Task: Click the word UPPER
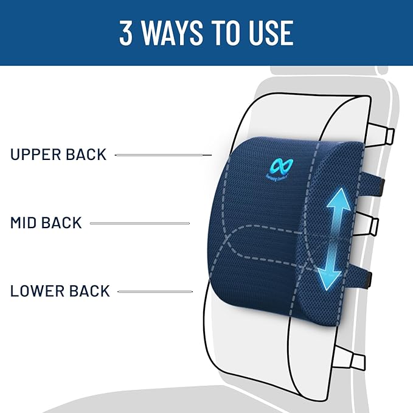pos(38,154)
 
